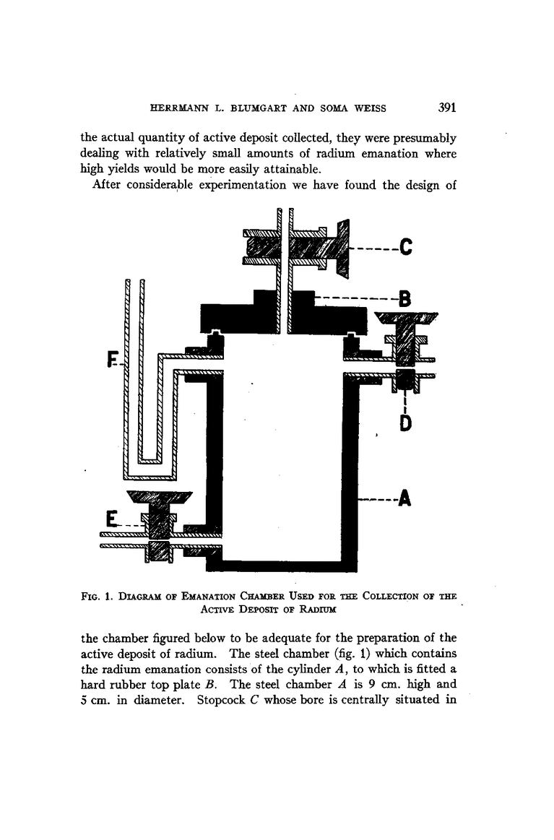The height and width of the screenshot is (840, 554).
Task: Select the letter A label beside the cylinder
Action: pyautogui.click(x=404, y=498)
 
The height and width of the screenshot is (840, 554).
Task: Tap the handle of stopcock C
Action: pyautogui.click(x=343, y=248)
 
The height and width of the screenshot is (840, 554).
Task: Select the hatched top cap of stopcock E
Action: pyautogui.click(x=159, y=497)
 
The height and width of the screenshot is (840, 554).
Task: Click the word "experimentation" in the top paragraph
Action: pyautogui.click(x=237, y=186)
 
